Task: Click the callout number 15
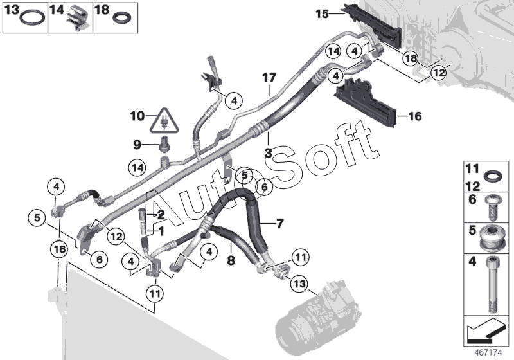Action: point(321,13)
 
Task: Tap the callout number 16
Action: point(415,116)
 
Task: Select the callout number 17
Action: point(269,78)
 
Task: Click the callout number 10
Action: point(136,116)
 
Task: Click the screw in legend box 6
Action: point(492,204)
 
